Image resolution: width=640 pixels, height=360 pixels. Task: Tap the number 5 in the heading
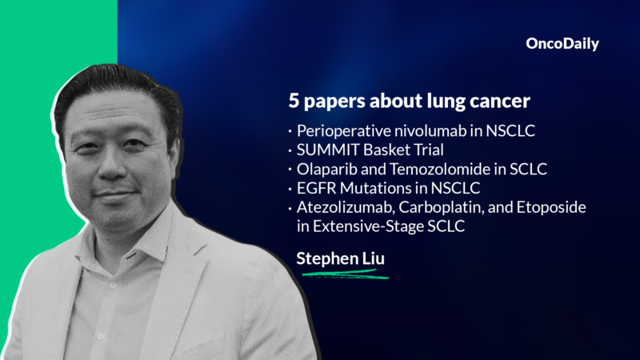[x=294, y=103]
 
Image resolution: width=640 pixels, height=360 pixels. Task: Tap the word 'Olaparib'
[x=323, y=168]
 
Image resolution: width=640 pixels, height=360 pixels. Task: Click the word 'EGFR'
[x=314, y=187]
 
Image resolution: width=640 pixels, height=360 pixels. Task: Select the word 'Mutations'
[x=368, y=187]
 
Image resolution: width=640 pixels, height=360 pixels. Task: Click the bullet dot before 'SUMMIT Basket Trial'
[x=289, y=150]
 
